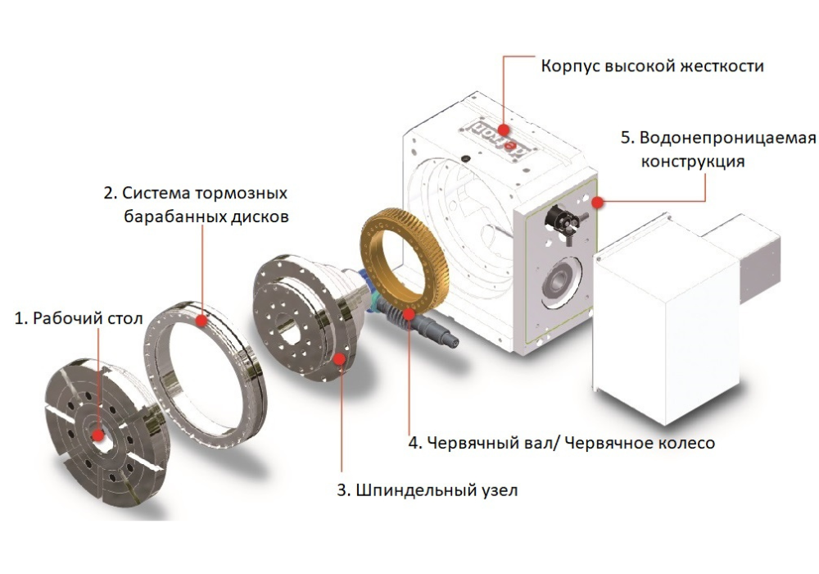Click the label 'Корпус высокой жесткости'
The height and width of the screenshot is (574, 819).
coord(652,66)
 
